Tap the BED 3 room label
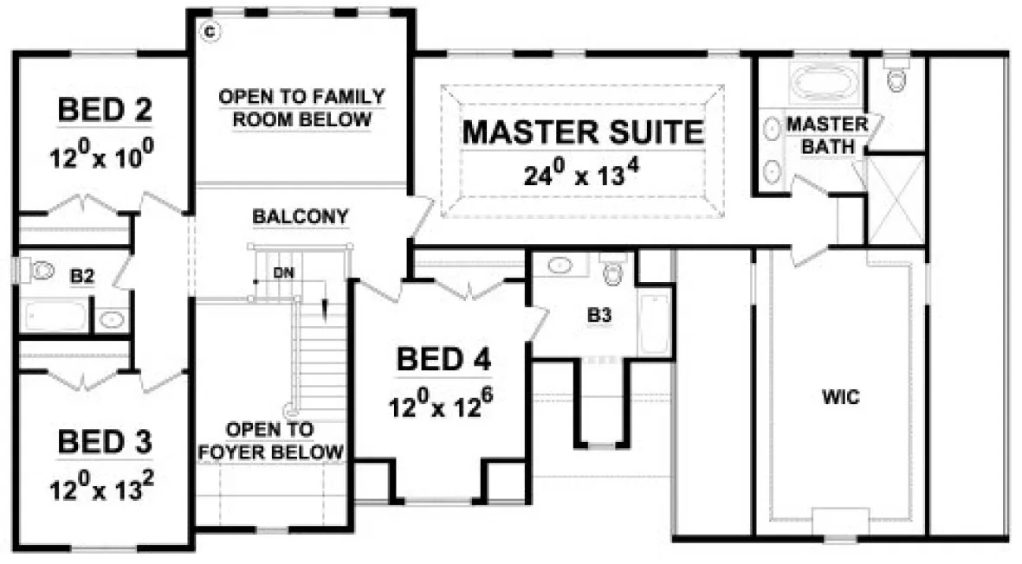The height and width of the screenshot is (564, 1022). click(105, 442)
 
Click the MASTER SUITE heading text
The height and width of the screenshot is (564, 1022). click(582, 132)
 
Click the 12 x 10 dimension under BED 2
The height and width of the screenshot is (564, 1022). click(105, 157)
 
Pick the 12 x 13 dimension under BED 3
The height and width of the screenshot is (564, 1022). click(105, 490)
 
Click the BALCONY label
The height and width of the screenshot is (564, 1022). click(301, 216)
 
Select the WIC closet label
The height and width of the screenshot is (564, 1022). click(840, 398)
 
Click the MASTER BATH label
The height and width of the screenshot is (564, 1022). click(826, 136)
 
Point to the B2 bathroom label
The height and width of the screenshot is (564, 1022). click(81, 277)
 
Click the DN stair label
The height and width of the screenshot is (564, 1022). click(281, 272)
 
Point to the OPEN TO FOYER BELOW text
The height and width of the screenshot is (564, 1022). click(270, 440)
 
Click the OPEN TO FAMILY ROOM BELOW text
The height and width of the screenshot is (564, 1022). click(301, 108)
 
